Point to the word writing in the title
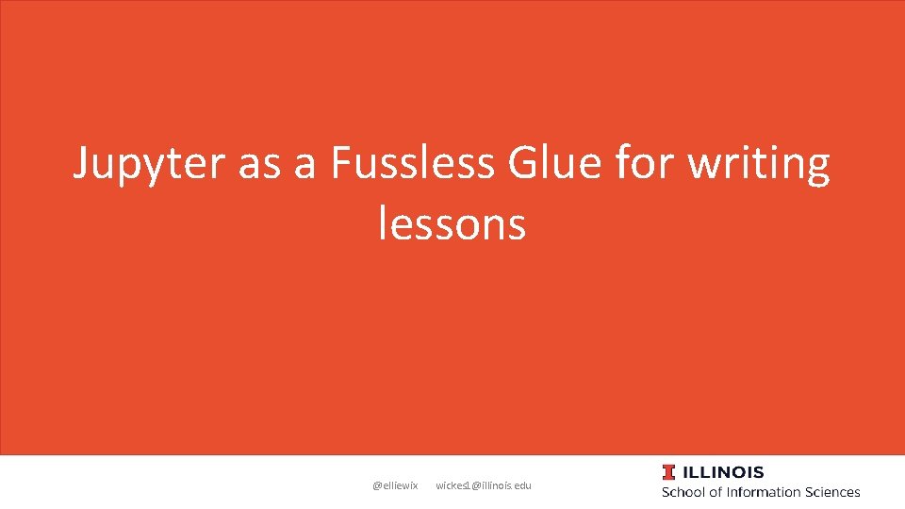pyautogui.click(x=758, y=165)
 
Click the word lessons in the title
pyautogui.click(x=452, y=224)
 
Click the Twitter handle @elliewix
pyautogui.click(x=395, y=485)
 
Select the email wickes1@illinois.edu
pyautogui.click(x=484, y=485)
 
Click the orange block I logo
pyautogui.click(x=668, y=472)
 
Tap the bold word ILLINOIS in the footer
pyautogui.click(x=724, y=472)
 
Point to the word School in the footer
pyautogui.click(x=685, y=492)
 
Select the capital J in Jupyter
pyautogui.click(x=82, y=165)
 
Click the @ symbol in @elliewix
pyautogui.click(x=377, y=485)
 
